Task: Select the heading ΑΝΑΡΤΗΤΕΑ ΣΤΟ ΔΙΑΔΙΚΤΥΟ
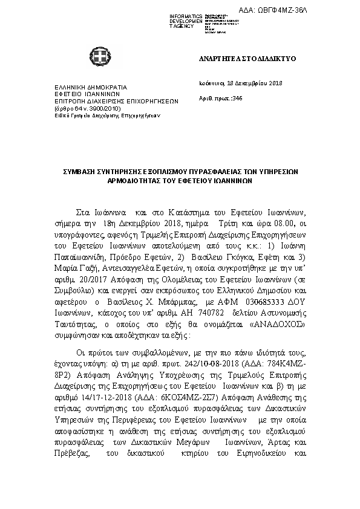pyautogui.click(x=246, y=59)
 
